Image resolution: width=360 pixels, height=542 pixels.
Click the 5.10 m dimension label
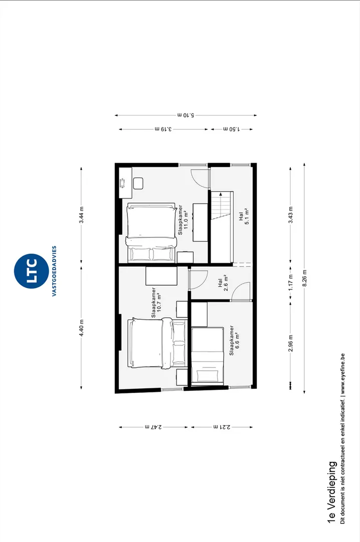point(186,115)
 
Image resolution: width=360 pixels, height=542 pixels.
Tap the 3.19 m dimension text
point(163,129)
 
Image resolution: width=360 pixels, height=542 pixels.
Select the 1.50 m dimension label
point(232,129)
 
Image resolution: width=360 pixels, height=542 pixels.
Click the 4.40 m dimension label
point(81,328)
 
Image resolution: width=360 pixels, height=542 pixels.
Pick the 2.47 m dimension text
point(153,427)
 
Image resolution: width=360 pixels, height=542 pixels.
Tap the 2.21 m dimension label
point(222,427)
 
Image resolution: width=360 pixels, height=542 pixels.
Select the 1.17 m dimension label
point(290,283)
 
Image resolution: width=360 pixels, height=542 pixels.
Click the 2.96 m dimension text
point(290,343)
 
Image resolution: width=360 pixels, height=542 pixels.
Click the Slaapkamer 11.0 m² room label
point(183,220)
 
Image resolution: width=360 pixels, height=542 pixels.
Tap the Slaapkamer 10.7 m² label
point(156,303)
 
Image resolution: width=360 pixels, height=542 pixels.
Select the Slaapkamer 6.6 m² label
point(234,340)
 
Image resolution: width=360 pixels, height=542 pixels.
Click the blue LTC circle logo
point(31,271)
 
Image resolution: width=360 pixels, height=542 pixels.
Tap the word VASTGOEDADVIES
point(54,271)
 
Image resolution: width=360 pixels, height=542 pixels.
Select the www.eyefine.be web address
point(342,374)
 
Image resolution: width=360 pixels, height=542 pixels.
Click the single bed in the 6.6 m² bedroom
point(207,356)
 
